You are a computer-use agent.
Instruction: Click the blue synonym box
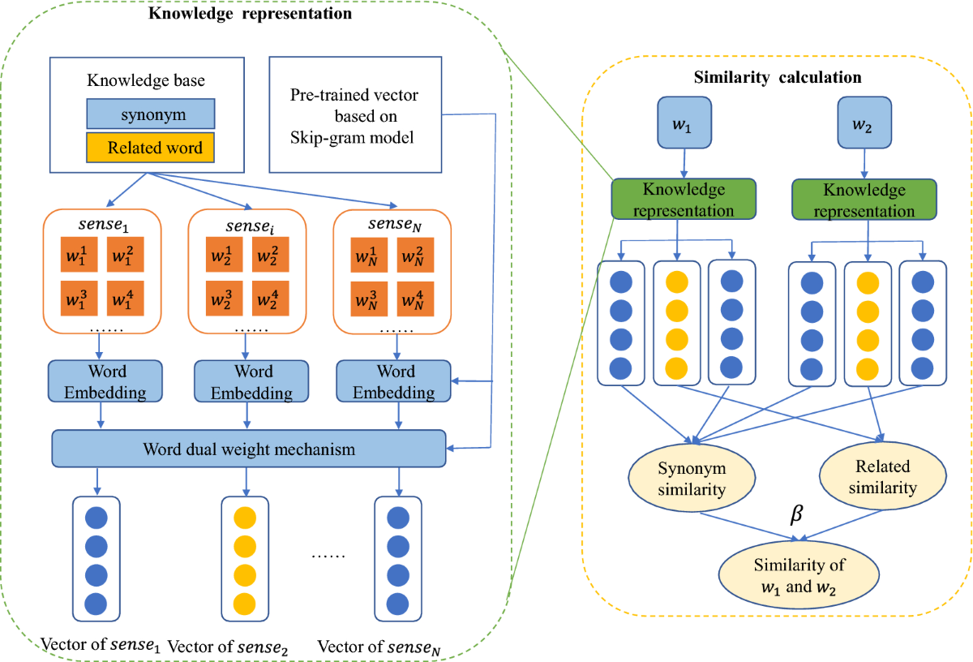tap(150, 114)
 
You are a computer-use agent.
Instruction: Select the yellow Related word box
tap(150, 148)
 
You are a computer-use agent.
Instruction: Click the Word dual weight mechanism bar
tap(249, 449)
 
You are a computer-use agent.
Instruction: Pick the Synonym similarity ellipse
tap(692, 479)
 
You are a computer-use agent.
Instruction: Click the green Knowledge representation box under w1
tap(683, 200)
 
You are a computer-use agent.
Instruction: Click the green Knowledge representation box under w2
tap(864, 200)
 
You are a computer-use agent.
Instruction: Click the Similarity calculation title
tap(778, 78)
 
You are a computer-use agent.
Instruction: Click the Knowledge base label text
tap(145, 80)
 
